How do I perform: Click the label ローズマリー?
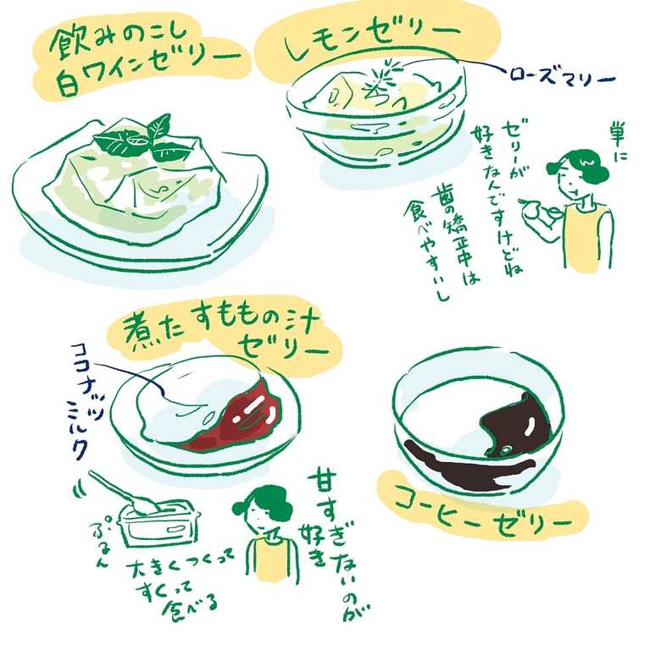(x=563, y=76)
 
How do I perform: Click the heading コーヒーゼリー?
(x=484, y=520)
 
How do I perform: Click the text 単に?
(x=617, y=141)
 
